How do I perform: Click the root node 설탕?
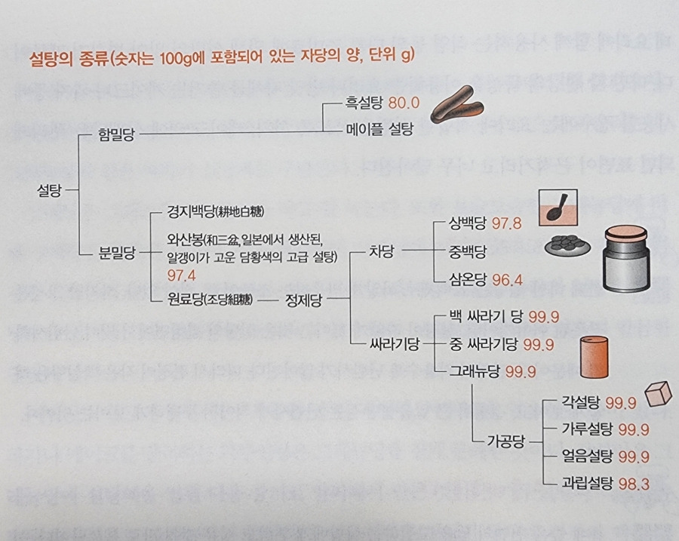(50, 192)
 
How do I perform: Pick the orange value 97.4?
(183, 275)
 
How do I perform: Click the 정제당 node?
(305, 300)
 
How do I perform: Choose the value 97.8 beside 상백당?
(507, 224)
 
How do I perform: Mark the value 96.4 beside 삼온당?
(507, 279)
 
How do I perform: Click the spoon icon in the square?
(558, 207)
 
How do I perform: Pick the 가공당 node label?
(503, 441)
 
